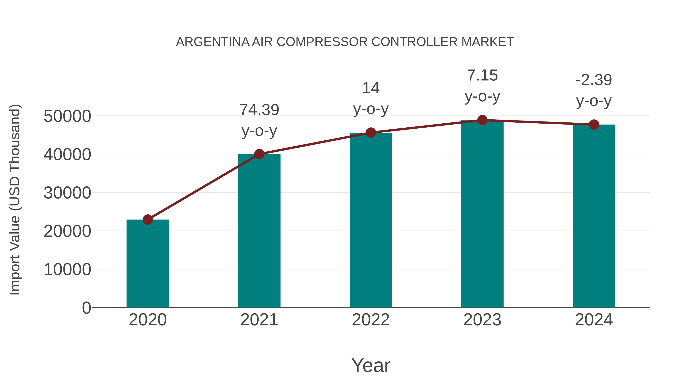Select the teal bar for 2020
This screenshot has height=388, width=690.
(x=148, y=264)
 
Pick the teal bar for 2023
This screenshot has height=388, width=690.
(x=482, y=214)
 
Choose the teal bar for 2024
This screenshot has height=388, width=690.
(x=594, y=216)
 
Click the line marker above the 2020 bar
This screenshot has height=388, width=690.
(x=148, y=220)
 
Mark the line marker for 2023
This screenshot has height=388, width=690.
(x=482, y=120)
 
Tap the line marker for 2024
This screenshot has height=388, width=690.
(x=594, y=125)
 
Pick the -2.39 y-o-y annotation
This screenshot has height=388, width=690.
(x=594, y=90)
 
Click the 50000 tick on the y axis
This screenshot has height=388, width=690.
(x=67, y=116)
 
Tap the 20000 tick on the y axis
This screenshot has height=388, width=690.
(x=67, y=231)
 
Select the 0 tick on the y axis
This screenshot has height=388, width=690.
(x=86, y=308)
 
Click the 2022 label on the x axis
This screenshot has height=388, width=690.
(x=371, y=320)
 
